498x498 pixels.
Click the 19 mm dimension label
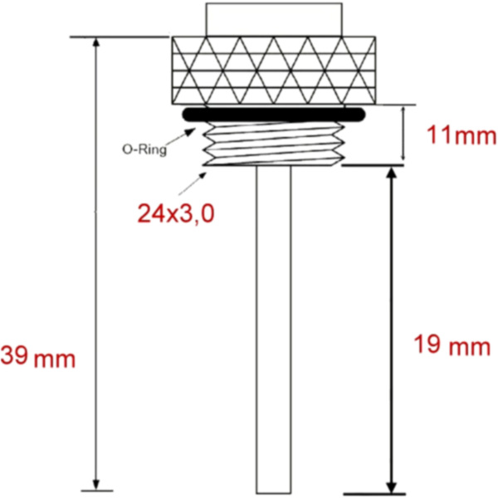tap(452, 345)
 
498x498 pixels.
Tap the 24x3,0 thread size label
tap(177, 213)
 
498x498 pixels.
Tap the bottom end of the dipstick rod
tap(272, 490)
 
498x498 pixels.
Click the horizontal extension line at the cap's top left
tap(120, 37)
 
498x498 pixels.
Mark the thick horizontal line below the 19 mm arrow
tap(391, 494)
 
